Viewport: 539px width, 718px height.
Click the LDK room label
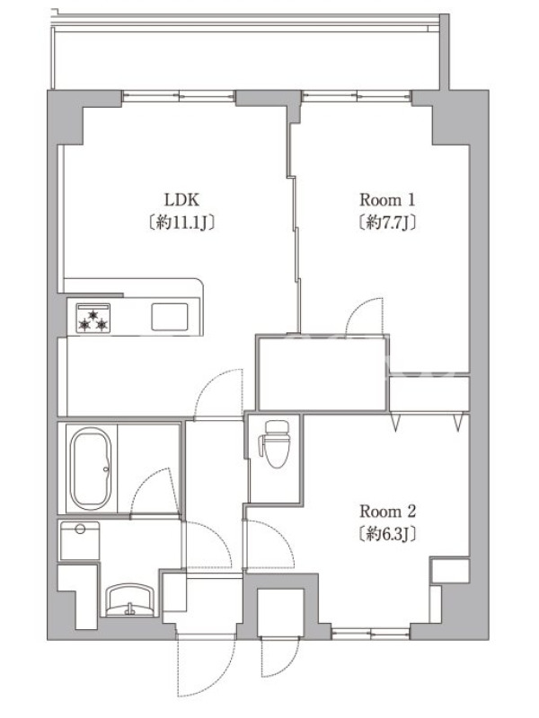coord(182,200)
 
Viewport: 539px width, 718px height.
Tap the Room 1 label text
coord(387,200)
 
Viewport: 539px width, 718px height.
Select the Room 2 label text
coord(387,511)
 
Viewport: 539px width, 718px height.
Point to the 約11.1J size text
coord(182,223)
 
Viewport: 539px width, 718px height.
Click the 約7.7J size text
coord(387,223)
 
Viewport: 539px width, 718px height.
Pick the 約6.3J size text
coord(387,534)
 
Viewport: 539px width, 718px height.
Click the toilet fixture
coord(274,443)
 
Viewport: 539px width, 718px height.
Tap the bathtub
coord(91,468)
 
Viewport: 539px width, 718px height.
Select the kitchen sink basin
coord(170,317)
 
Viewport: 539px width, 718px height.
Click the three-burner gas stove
coord(93,318)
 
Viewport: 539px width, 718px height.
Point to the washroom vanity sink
coord(130,600)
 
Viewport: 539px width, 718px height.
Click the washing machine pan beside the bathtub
coord(79,540)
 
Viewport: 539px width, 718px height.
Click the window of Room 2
coord(371,634)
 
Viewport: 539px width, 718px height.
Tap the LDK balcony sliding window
coord(179,96)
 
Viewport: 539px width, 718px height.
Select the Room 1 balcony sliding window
coord(357,96)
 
